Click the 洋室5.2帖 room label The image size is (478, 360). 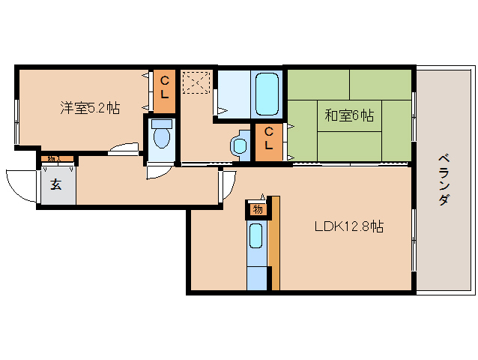tap(89, 108)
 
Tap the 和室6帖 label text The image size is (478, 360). tap(349, 115)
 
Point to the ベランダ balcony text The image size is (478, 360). tap(443, 180)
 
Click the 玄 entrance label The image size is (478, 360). tap(56, 185)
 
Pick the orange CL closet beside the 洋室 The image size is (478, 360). tap(165, 89)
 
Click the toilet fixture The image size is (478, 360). tap(161, 137)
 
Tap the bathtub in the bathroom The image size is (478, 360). tap(267, 93)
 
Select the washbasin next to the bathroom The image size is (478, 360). tap(240, 144)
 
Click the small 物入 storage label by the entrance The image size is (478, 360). tap(57, 159)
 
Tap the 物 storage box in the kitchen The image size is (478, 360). tap(257, 209)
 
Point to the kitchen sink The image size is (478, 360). tap(256, 237)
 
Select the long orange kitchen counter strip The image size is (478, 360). tap(275, 242)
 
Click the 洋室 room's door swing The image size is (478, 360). tap(124, 149)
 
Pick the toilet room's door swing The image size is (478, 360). tap(160, 171)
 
